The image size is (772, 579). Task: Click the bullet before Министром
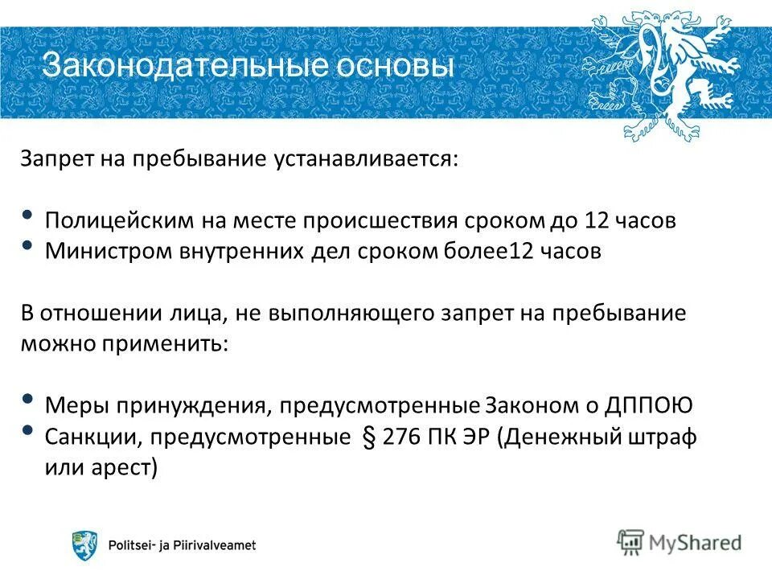tap(28, 245)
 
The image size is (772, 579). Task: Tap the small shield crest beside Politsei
tap(84, 545)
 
